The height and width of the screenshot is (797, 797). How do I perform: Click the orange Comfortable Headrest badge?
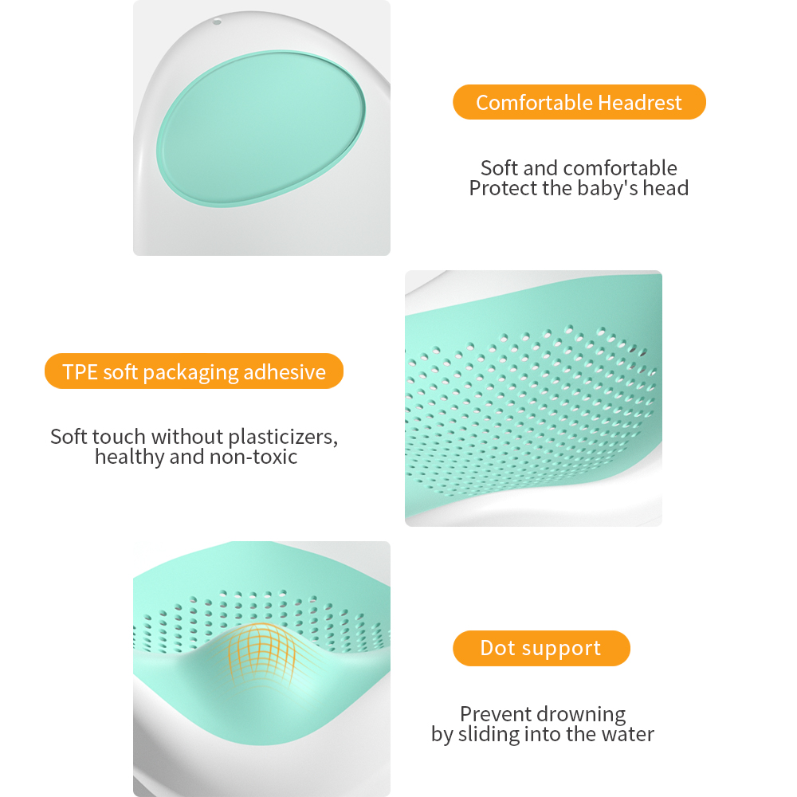[x=579, y=102]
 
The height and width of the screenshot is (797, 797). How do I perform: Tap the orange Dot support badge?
[x=541, y=648]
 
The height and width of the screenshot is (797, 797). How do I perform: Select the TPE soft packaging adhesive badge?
[x=194, y=371]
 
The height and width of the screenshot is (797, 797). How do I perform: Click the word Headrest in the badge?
[x=640, y=103]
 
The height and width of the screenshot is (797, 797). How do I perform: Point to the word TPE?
[x=80, y=372]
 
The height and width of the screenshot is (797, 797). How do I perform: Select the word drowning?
[x=582, y=713]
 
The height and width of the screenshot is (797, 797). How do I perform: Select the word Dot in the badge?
[x=498, y=648]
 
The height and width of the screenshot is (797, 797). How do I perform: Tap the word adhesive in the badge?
[x=285, y=372]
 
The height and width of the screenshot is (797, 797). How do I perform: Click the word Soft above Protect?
[x=500, y=168]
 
